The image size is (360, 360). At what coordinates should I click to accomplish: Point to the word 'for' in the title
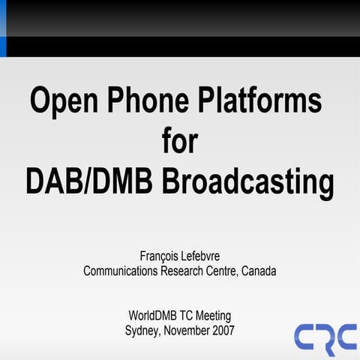(x=180, y=140)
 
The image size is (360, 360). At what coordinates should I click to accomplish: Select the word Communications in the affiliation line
(x=121, y=271)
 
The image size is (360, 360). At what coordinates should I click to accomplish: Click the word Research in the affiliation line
(x=187, y=271)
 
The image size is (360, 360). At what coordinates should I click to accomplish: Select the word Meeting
(x=217, y=314)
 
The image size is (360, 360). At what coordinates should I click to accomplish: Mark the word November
(x=187, y=328)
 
